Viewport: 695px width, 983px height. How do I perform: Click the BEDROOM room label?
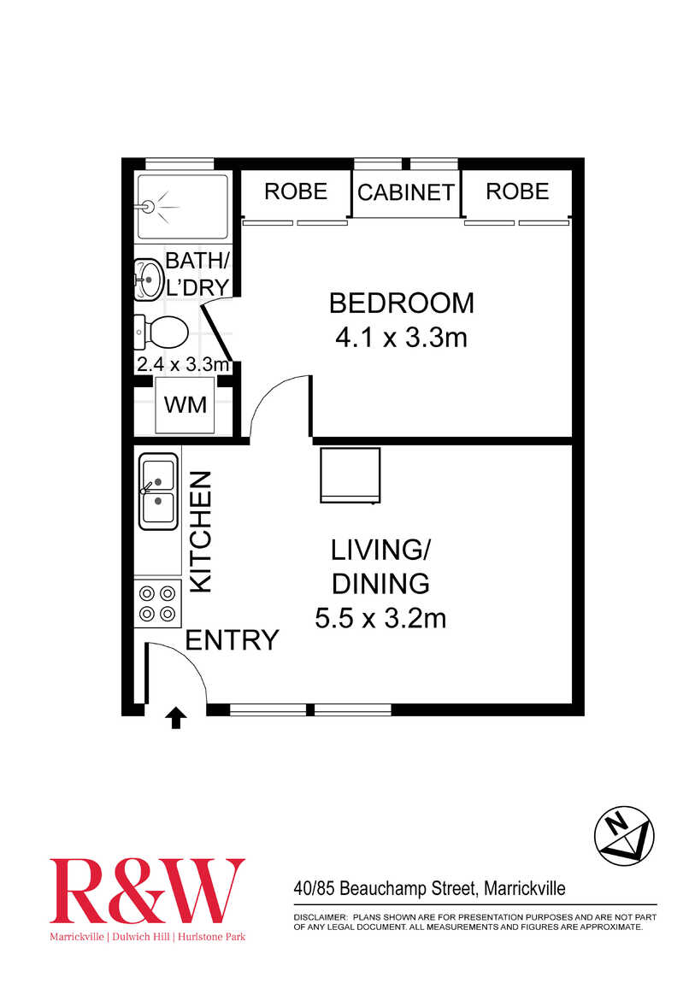(402, 303)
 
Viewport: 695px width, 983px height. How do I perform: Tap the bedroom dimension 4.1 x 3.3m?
(402, 338)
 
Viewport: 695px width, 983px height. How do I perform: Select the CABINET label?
(406, 192)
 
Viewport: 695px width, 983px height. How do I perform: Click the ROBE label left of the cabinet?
(296, 191)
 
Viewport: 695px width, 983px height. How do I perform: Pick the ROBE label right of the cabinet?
(518, 191)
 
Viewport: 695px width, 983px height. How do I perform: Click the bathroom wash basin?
(149, 280)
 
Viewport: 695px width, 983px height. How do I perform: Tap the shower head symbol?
(149, 206)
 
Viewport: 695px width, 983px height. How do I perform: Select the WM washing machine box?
(186, 404)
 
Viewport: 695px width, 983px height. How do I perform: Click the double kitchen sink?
(158, 491)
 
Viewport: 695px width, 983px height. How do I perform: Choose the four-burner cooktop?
(158, 603)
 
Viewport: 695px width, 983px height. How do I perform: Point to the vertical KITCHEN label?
(201, 533)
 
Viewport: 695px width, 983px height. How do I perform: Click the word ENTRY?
(232, 640)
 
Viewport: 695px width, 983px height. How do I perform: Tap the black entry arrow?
(175, 717)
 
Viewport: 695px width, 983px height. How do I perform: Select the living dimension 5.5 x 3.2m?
(380, 619)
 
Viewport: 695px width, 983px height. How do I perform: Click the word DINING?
(380, 585)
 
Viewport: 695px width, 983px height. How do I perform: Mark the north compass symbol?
(624, 834)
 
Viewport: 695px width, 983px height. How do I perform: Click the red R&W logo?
(147, 890)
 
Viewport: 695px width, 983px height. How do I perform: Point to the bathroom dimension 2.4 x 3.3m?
(183, 364)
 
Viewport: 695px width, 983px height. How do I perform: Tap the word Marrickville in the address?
(525, 888)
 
